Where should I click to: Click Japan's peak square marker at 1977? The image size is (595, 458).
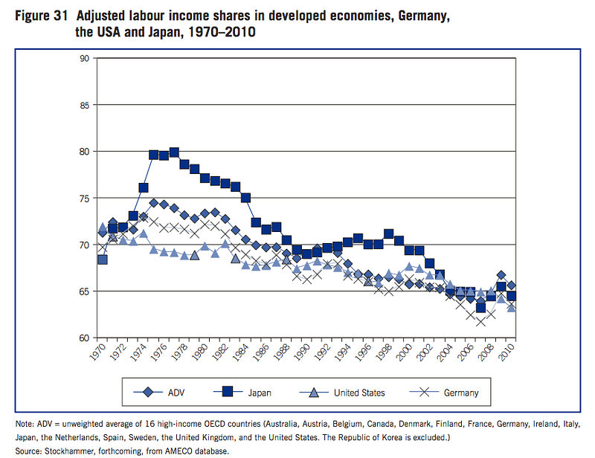click(174, 152)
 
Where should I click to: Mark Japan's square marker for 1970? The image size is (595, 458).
click(103, 259)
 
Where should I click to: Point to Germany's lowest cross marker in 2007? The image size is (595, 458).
click(480, 321)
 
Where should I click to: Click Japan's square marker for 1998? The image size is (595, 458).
click(388, 234)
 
